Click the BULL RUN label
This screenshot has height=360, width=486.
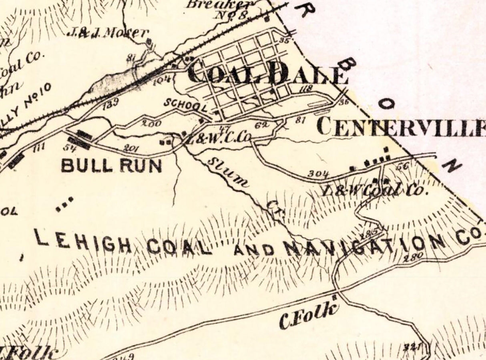click(112, 166)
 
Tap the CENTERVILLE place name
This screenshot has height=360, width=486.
click(400, 127)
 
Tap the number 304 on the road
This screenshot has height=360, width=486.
click(319, 174)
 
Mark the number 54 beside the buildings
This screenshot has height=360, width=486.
click(70, 147)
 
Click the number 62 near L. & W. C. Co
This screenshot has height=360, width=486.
click(261, 125)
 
